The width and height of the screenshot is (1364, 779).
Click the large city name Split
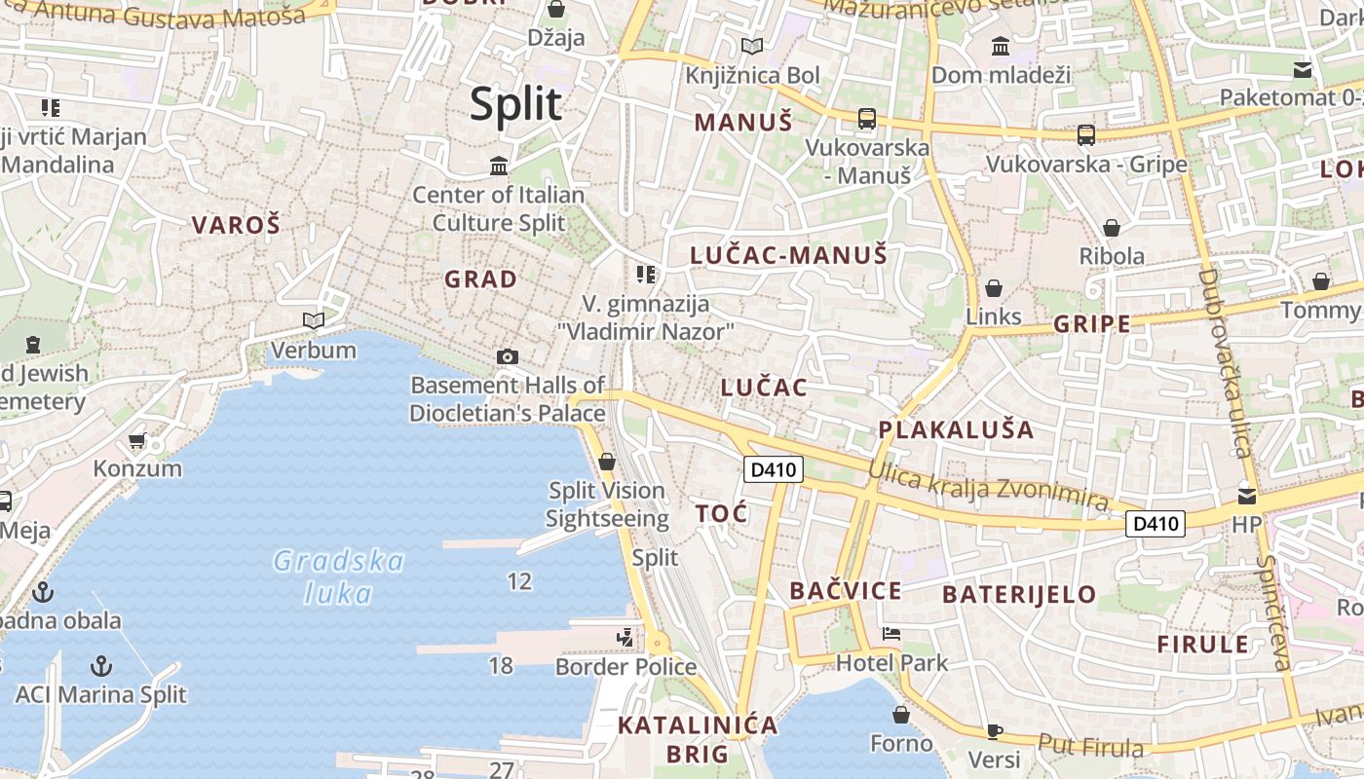pyautogui.click(x=516, y=104)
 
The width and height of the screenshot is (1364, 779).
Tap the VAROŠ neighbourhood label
pyautogui.click(x=236, y=225)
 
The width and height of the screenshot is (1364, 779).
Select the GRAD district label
pyautogui.click(x=480, y=279)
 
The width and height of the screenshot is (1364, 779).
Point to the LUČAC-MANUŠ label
pyautogui.click(x=789, y=255)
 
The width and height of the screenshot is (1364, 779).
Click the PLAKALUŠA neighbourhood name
pyautogui.click(x=956, y=429)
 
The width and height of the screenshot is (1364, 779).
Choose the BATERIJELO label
pyautogui.click(x=1019, y=594)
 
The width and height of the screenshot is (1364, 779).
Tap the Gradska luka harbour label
pyautogui.click(x=338, y=576)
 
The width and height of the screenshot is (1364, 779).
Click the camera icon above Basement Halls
pyautogui.click(x=507, y=356)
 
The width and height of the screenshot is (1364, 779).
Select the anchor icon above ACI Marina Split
pyautogui.click(x=100, y=666)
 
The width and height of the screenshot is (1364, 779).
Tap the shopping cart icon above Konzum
pyautogui.click(x=137, y=440)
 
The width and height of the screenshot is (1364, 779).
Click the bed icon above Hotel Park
pyautogui.click(x=890, y=634)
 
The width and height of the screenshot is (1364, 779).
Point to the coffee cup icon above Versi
pyautogui.click(x=994, y=730)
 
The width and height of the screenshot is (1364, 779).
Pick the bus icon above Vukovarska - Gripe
pyautogui.click(x=1085, y=135)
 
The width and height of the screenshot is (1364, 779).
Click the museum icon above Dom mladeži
pyautogui.click(x=1000, y=46)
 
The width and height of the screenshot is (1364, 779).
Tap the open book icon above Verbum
pyautogui.click(x=313, y=320)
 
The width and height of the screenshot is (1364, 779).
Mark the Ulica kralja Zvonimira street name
pyautogui.click(x=988, y=485)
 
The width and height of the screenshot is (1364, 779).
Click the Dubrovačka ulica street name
pyautogui.click(x=1224, y=362)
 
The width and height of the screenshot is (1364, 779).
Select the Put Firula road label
pyautogui.click(x=1090, y=746)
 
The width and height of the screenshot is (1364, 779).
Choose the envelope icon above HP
pyautogui.click(x=1246, y=497)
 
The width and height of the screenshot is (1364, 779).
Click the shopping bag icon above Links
pyautogui.click(x=994, y=288)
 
